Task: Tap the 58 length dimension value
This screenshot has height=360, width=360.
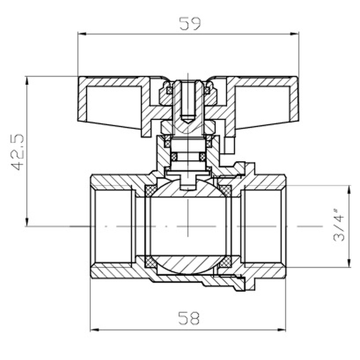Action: pos(189,319)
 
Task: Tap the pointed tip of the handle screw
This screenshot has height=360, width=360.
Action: pos(188,120)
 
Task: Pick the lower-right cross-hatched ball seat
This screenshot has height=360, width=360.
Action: pos(225,261)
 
